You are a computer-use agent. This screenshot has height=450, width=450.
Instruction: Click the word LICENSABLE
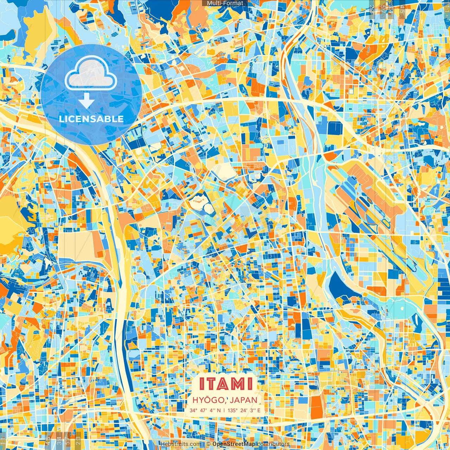point(91,119)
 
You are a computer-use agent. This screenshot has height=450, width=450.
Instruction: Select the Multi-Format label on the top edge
point(225,3)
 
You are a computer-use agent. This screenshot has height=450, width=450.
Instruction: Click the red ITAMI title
point(226,384)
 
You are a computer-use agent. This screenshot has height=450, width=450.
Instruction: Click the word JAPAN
point(244,400)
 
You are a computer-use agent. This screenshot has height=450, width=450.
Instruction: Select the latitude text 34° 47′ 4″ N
point(205,410)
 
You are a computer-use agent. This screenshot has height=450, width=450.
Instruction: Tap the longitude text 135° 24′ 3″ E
point(244,410)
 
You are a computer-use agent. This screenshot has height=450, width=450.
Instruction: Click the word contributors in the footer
point(274,444)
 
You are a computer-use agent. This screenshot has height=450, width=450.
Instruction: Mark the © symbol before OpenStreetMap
point(208,444)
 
